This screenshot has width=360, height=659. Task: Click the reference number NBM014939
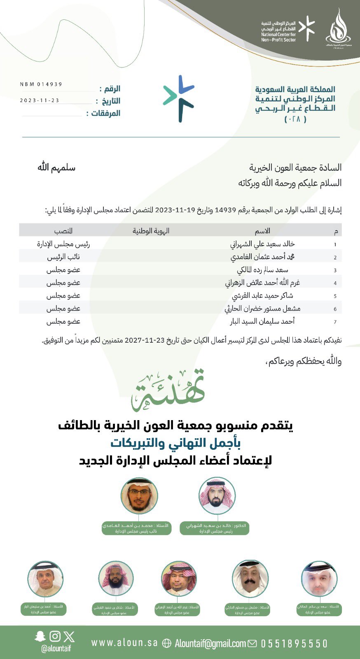41,84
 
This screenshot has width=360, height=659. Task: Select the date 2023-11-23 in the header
40,100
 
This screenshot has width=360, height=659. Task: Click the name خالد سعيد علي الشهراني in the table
262,244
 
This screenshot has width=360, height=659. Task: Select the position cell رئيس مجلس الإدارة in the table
63,244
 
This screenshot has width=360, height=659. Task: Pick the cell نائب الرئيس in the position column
63,257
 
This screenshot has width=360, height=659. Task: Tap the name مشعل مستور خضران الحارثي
262,308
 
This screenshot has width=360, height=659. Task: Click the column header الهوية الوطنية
151,231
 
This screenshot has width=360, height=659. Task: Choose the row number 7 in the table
335,322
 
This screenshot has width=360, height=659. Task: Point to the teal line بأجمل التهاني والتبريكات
175,443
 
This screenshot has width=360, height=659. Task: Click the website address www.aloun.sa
124,643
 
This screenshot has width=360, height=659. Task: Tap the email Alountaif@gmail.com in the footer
210,643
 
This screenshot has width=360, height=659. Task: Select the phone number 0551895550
294,643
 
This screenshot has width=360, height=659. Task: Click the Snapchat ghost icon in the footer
40,636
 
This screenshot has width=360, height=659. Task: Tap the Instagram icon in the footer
55,636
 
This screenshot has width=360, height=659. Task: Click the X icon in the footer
69,636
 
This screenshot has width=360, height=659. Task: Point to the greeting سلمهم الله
56,168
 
